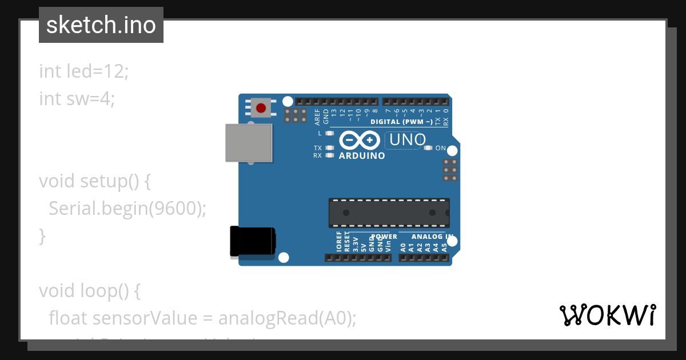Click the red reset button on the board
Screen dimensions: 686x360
[x=261, y=107]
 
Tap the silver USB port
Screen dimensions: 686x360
[x=248, y=142]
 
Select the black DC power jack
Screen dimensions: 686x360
[x=252, y=242]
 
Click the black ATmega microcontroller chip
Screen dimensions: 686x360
[x=389, y=213]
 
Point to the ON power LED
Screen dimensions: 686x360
[x=429, y=148]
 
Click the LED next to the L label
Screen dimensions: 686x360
[x=329, y=133]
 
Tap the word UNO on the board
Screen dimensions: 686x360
[x=407, y=139]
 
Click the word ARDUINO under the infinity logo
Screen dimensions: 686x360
[x=362, y=155]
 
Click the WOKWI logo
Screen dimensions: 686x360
[x=608, y=315]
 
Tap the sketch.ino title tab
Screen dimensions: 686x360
[x=101, y=25]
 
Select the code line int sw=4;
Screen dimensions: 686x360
[x=77, y=99]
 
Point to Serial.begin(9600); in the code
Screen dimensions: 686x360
[x=127, y=209]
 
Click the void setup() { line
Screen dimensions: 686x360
[x=95, y=181]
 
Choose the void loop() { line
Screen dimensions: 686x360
[x=90, y=291]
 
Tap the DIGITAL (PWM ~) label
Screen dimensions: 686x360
[x=401, y=122]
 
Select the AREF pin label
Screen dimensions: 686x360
[x=318, y=117]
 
